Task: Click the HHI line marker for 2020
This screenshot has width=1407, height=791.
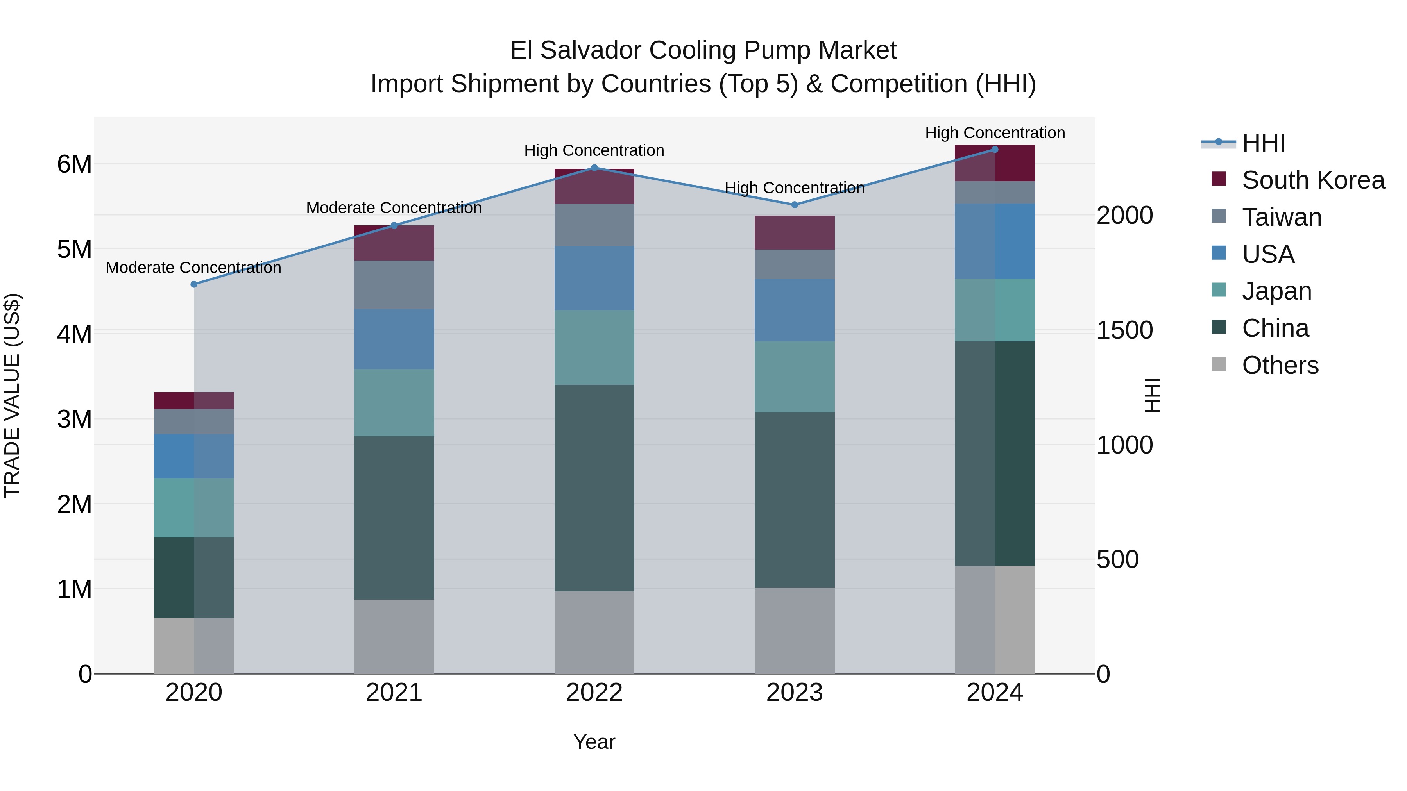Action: [194, 284]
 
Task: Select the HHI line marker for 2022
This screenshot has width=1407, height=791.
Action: [594, 168]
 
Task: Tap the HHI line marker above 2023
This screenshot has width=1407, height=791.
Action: [795, 205]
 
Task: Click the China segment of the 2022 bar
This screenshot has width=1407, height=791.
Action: [594, 487]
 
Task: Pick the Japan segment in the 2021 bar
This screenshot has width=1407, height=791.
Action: [394, 402]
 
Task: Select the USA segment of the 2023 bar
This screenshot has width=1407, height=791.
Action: [795, 310]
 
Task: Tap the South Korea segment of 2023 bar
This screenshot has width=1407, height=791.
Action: [795, 232]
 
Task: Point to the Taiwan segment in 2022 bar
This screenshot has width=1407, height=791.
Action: [594, 225]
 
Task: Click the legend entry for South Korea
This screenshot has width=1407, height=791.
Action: [1313, 180]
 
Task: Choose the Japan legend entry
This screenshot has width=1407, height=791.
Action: [1276, 291]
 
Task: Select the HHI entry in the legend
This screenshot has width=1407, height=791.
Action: [1263, 143]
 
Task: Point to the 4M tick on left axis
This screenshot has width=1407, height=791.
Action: [74, 334]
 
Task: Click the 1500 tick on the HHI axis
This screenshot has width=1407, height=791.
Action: [1124, 330]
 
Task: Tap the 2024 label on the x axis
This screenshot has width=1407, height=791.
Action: [995, 693]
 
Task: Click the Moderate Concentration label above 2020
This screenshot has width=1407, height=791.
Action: [193, 268]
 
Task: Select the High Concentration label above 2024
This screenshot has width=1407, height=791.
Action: [995, 133]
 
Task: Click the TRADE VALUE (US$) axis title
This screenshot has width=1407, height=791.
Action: [12, 395]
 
